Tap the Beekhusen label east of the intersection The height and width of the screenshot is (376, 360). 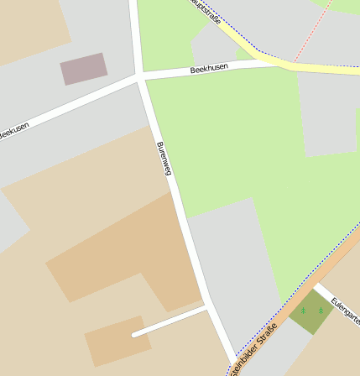[x=209, y=69]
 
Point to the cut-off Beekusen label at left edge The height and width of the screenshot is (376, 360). [x=13, y=130]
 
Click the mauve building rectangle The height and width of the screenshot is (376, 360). [x=83, y=68]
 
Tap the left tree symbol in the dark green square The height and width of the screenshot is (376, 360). [x=304, y=311]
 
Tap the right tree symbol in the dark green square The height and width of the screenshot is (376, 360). [x=320, y=311]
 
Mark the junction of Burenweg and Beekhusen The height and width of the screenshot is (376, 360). [x=138, y=77]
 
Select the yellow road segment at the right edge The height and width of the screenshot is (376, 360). [x=336, y=69]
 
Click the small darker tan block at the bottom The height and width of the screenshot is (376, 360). [x=117, y=340]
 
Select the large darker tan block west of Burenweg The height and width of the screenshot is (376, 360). [x=126, y=252]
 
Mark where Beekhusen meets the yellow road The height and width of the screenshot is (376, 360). [x=260, y=61]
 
